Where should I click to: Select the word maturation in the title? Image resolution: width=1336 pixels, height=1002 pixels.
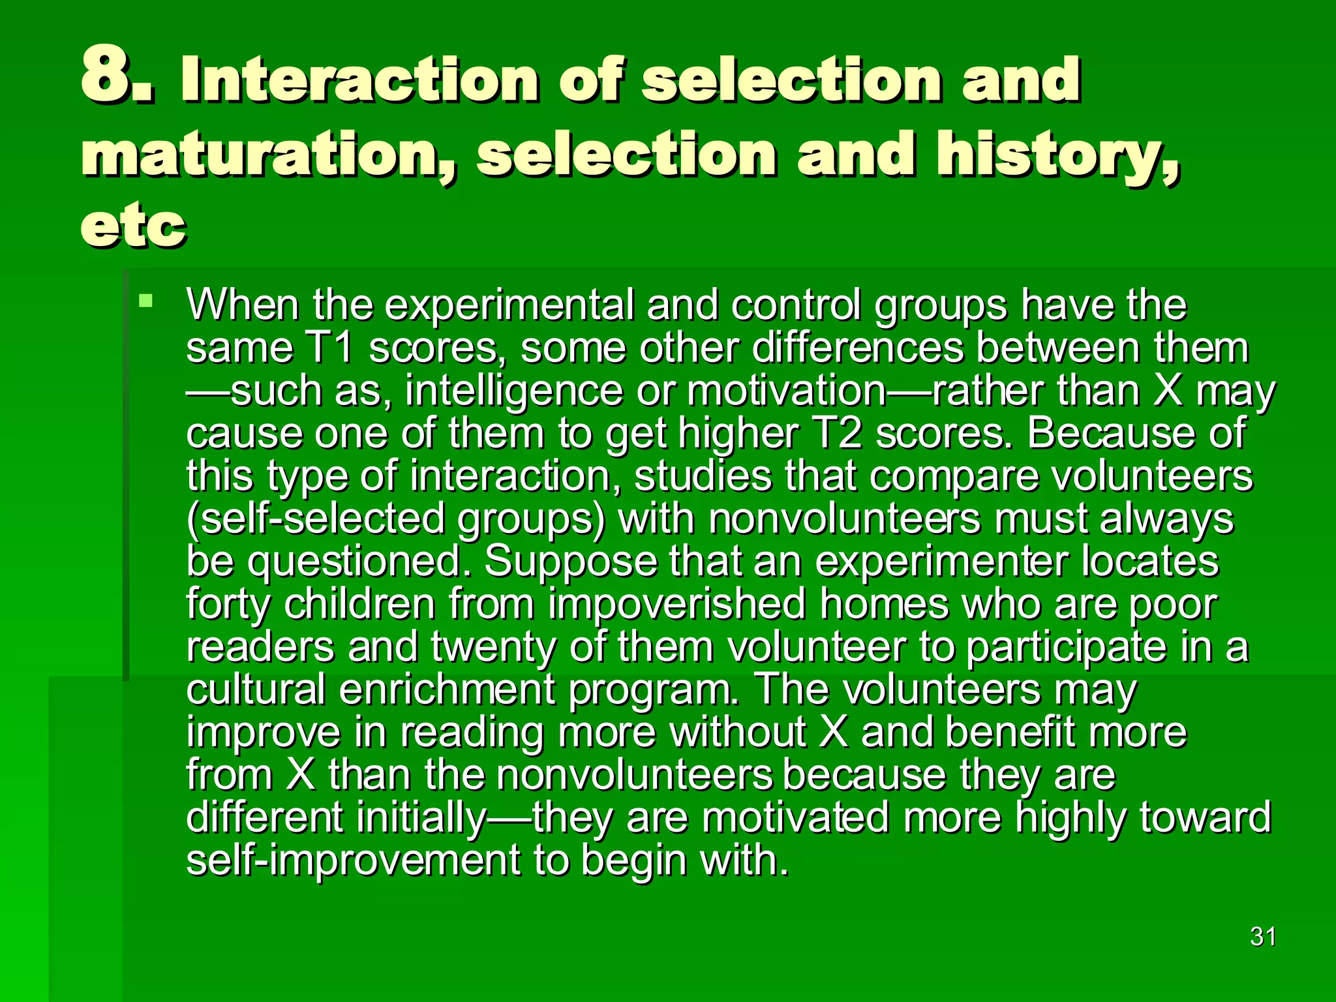(267, 155)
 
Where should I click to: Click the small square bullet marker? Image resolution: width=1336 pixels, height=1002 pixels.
(146, 301)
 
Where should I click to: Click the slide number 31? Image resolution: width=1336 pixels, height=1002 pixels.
(1263, 937)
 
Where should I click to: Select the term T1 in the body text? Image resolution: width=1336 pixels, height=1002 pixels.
(329, 348)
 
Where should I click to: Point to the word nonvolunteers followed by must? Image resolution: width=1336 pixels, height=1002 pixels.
(844, 519)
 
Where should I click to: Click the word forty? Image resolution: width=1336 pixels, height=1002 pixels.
(228, 605)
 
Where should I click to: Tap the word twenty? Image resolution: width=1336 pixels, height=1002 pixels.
(493, 647)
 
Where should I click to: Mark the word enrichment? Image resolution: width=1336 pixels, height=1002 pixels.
(447, 690)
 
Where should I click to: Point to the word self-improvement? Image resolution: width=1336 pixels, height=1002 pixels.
(353, 860)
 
